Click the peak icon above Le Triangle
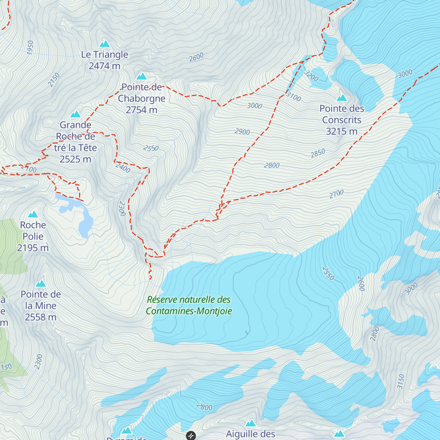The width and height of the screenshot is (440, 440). [x=105, y=44]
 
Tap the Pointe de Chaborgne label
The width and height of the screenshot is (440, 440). [x=142, y=93]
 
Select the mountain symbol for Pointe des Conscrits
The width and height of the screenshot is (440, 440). [x=342, y=98]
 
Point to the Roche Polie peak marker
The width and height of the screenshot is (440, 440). [x=33, y=214]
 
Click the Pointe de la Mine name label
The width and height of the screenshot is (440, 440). [x=41, y=300]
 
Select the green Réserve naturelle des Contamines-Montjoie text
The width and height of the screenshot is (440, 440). [x=189, y=305]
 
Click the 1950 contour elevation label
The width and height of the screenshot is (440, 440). [x=30, y=48]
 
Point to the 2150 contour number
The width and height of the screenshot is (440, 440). [x=54, y=80]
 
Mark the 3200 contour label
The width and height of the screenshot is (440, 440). [x=311, y=76]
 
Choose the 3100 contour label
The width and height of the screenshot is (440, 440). [x=293, y=96]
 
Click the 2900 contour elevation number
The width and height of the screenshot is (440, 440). [x=242, y=132]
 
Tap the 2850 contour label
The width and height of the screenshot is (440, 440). [x=318, y=153]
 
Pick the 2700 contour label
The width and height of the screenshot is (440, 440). [x=336, y=194]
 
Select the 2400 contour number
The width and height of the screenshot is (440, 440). [x=123, y=168]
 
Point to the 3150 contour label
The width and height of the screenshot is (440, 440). [x=401, y=381]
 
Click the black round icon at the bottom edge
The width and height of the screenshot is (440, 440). [x=191, y=436]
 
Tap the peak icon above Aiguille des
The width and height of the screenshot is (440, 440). [x=250, y=423]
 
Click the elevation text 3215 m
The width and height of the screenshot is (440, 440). [x=341, y=131]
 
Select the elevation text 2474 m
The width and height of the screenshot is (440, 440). [x=104, y=66]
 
